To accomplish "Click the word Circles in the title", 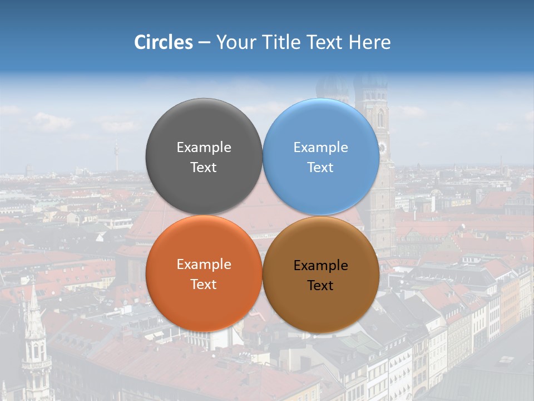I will [x=164, y=42].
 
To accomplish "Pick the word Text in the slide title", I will [x=326, y=42].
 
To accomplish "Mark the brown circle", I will [x=321, y=306].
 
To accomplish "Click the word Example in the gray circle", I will [x=204, y=148].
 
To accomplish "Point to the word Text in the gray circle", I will [x=204, y=168].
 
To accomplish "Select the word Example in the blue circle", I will [x=320, y=148].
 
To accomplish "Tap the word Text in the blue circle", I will [x=320, y=168].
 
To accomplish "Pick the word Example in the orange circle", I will [x=204, y=265].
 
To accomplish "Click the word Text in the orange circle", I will [x=204, y=285].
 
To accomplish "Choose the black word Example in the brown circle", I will [x=320, y=266].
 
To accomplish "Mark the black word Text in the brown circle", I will [x=320, y=286].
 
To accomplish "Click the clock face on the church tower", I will [x=382, y=148].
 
